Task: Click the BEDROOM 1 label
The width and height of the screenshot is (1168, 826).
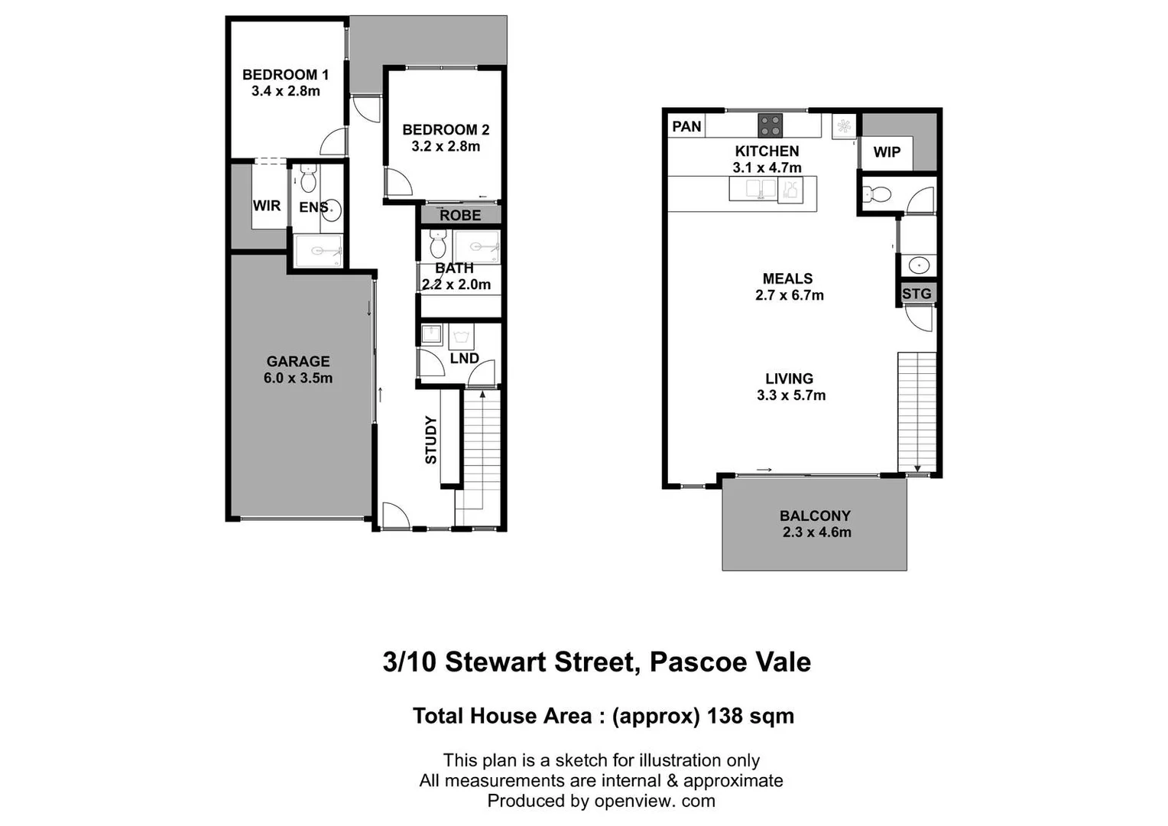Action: point(285,75)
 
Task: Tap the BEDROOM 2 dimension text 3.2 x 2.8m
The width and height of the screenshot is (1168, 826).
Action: point(446,147)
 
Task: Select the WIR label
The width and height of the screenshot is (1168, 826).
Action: point(267,206)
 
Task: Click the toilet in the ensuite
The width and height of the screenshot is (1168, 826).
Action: point(308,180)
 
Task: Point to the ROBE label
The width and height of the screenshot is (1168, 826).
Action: point(460,216)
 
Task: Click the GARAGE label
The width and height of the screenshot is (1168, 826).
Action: point(298,362)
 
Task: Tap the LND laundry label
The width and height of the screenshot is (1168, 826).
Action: point(464,359)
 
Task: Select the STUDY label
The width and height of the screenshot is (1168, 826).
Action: point(431,440)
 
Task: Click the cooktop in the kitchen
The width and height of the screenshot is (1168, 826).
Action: point(770,125)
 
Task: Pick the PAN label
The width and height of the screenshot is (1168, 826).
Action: point(686,126)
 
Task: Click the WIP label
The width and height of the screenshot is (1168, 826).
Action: point(887,152)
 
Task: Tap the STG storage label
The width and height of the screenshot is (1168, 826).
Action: point(917,294)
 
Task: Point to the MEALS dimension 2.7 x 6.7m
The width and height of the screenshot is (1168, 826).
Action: point(790,296)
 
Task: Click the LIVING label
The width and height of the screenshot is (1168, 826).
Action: point(789,379)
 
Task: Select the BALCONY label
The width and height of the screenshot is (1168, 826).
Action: point(815,516)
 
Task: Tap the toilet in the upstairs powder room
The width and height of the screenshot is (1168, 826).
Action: point(876,195)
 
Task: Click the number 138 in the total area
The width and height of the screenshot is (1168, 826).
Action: point(725,716)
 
